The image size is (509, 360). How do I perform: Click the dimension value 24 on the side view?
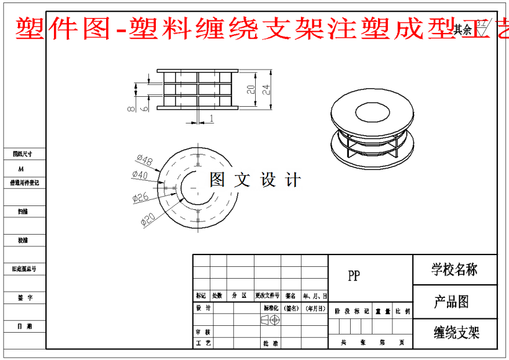tap(266, 89)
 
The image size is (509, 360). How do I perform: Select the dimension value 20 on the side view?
tap(251, 89)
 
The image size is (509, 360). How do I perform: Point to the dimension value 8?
tap(131, 109)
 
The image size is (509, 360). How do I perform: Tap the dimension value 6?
tap(144, 108)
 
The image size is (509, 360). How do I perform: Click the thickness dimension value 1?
tap(212, 118)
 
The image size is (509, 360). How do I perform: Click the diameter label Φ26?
tap(141, 197)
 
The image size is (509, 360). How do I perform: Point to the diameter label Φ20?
tap(148, 219)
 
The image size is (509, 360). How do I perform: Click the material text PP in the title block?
tap(353, 276)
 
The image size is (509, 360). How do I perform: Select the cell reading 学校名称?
tap(454, 269)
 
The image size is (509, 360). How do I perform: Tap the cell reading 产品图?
tap(451, 302)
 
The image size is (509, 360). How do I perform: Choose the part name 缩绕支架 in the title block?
tap(456, 333)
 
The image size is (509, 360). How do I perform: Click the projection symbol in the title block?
tap(271, 319)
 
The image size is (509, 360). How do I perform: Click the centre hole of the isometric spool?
tap(372, 112)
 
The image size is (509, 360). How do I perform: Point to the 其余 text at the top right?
tap(462, 29)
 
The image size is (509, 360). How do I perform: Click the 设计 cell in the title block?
tap(203, 308)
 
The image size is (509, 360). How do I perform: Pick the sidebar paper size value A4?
tap(21, 168)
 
